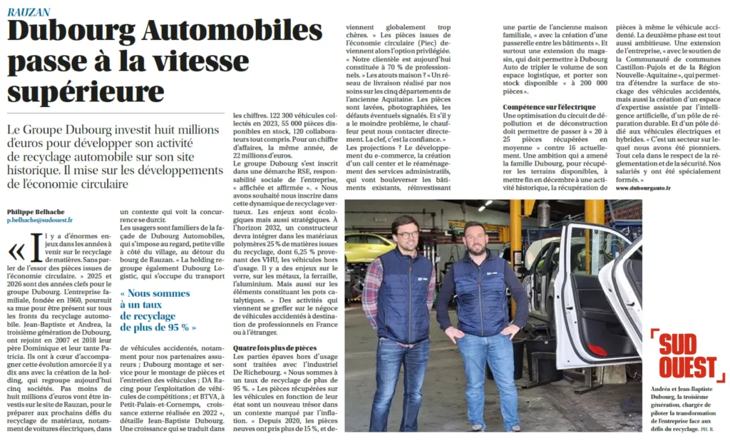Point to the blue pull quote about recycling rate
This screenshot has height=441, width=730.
tap(158, 310)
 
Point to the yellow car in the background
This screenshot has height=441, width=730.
tap(367, 247)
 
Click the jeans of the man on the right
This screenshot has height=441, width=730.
tap(488, 378)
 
